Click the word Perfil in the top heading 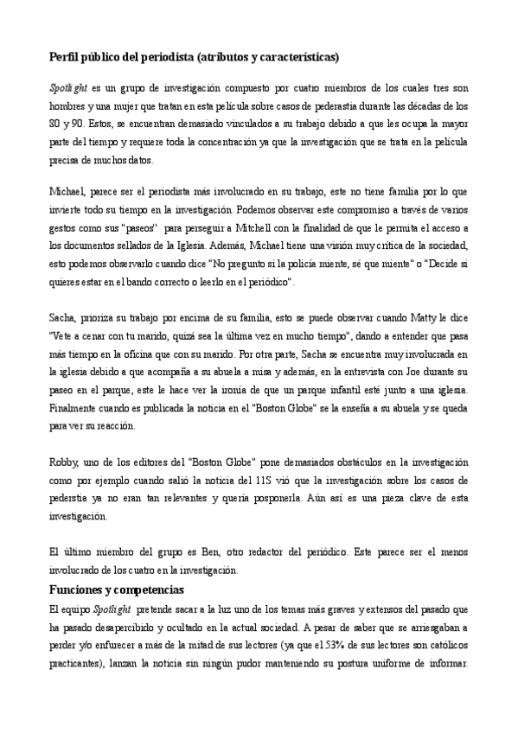coord(61,57)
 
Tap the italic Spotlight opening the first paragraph coord(66,89)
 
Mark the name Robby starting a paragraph coord(61,463)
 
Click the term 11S coord(265,480)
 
